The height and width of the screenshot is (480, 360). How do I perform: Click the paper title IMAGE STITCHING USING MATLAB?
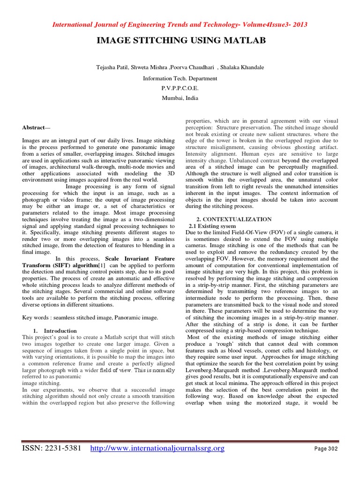pyautogui.click(x=181, y=42)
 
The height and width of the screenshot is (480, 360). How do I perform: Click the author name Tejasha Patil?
pyautogui.click(x=112, y=67)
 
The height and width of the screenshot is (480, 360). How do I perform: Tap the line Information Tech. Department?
pyautogui.click(x=180, y=78)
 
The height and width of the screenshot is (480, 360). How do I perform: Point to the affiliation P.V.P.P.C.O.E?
pyautogui.click(x=180, y=88)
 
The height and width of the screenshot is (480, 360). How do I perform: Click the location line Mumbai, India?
pyautogui.click(x=180, y=98)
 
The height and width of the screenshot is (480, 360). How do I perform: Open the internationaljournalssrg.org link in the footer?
pyautogui.click(x=157, y=449)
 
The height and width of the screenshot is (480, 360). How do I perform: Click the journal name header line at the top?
pyautogui.click(x=180, y=25)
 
